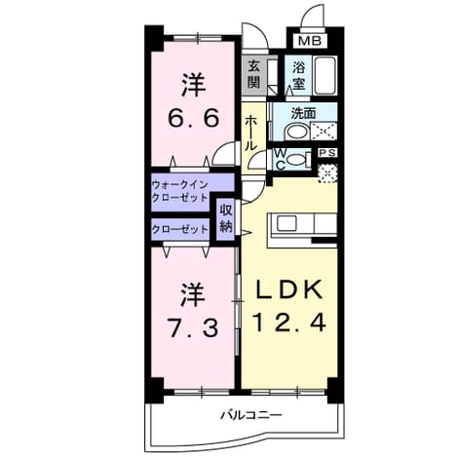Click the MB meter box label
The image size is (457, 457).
(x=310, y=41)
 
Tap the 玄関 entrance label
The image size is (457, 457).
(x=254, y=75)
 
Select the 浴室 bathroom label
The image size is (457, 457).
(x=299, y=76)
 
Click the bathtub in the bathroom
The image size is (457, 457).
(x=325, y=76)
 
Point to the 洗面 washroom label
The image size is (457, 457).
(x=303, y=113)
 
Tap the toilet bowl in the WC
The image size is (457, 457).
(x=297, y=160)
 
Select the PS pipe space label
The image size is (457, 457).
(x=327, y=153)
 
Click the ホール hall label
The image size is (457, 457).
(x=250, y=133)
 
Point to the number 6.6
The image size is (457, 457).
(x=193, y=118)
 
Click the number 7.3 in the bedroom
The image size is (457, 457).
(x=192, y=327)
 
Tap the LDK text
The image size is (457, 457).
(x=289, y=289)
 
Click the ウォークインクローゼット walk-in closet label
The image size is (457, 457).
(x=179, y=192)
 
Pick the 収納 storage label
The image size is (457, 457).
(x=226, y=219)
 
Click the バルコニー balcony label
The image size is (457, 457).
(x=251, y=415)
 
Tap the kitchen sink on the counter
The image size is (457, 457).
(x=286, y=224)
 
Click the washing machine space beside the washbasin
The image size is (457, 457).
(x=324, y=132)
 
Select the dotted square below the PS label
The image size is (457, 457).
(x=327, y=173)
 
